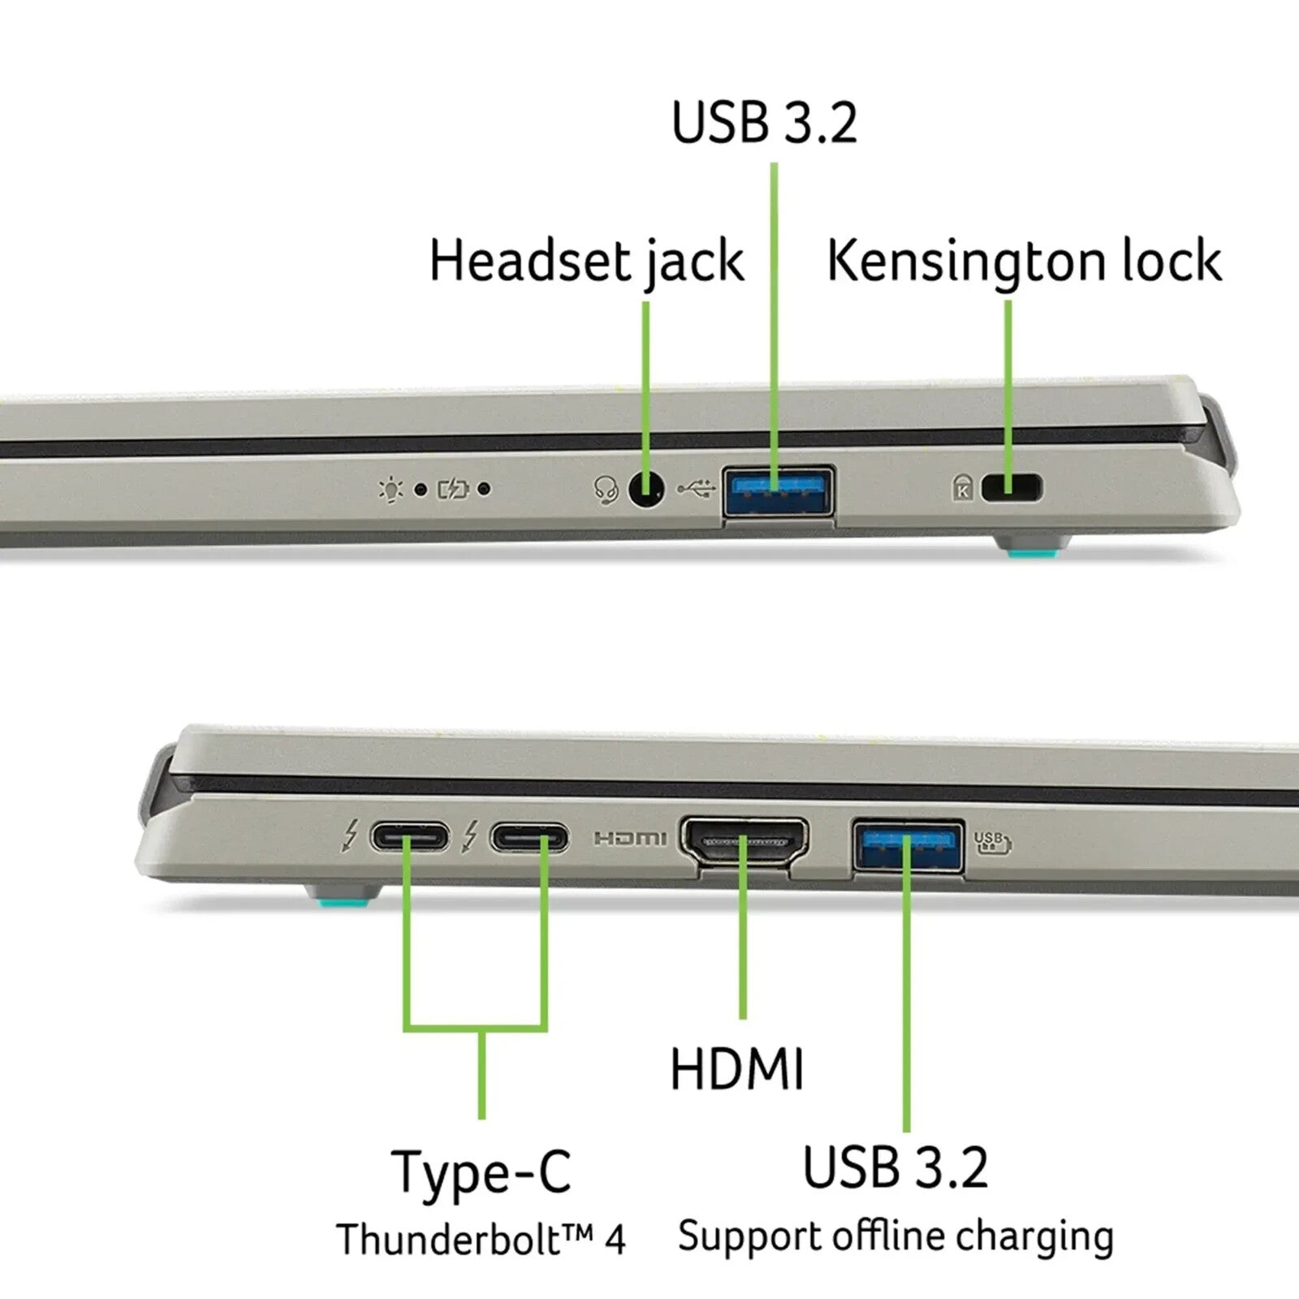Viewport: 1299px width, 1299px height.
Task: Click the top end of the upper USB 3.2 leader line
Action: (775, 164)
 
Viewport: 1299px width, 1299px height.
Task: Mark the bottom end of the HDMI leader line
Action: (743, 1018)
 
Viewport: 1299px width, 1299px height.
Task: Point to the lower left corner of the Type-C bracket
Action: (406, 1029)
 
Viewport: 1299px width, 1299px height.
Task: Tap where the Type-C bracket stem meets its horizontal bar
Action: (482, 1029)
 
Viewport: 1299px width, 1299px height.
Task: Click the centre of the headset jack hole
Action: (647, 490)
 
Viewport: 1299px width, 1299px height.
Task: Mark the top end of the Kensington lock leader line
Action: (1008, 302)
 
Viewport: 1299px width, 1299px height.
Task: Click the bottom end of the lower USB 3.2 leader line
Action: (907, 1131)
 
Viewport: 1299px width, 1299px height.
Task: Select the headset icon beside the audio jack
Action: (606, 490)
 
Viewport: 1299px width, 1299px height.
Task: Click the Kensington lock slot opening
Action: (1012, 489)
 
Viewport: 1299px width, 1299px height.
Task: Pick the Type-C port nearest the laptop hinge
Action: (409, 837)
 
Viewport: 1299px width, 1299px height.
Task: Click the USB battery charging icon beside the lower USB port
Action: (992, 843)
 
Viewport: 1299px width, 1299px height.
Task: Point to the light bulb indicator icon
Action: (391, 489)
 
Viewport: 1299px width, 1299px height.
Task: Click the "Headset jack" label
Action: (586, 261)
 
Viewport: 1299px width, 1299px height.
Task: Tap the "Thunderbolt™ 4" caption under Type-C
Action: (481, 1239)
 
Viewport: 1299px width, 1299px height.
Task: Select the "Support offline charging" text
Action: (895, 1237)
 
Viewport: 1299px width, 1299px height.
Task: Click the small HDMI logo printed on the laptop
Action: (630, 838)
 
